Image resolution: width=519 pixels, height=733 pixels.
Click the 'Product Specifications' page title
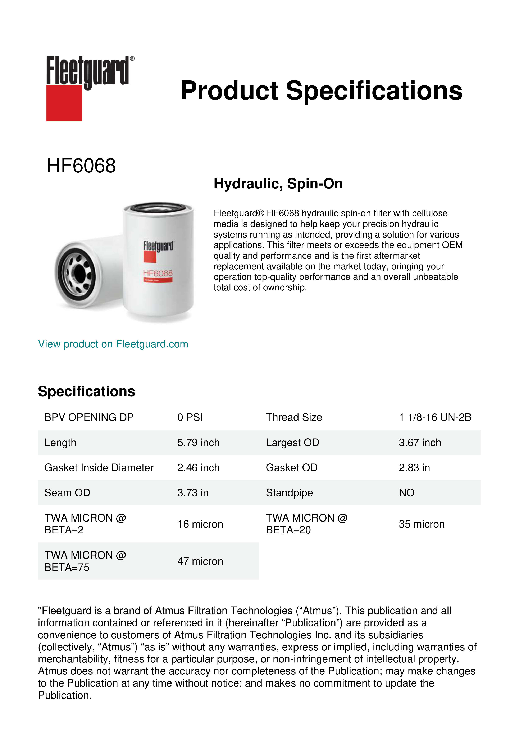(321, 91)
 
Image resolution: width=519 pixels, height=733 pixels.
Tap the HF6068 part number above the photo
(81, 166)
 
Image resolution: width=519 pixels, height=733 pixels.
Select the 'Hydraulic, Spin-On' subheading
(278, 184)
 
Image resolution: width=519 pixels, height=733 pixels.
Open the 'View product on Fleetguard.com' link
(113, 344)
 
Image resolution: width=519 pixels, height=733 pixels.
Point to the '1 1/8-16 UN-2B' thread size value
(435, 417)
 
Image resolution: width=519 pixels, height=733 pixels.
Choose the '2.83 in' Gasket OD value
(414, 468)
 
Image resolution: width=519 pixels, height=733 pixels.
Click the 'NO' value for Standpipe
(406, 493)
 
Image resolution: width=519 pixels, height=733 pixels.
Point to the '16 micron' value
(200, 524)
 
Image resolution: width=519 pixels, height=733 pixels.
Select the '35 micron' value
(422, 524)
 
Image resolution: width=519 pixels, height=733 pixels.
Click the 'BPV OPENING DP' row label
(89, 417)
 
